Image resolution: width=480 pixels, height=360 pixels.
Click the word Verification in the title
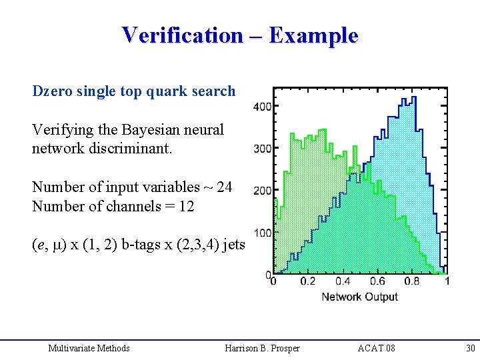(182, 35)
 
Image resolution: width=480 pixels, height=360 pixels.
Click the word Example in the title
(313, 35)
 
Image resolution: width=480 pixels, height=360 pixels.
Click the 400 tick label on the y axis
(263, 107)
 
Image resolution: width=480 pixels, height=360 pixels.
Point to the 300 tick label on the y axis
(263, 149)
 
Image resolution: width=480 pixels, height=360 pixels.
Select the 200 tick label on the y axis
(263, 191)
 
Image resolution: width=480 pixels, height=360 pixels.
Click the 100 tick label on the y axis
(263, 233)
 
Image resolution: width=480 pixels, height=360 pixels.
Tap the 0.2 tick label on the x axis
(307, 281)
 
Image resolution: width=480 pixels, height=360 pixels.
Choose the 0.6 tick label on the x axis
(377, 281)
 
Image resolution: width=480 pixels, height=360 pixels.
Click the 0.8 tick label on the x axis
(412, 281)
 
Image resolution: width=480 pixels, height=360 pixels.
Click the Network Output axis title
(359, 297)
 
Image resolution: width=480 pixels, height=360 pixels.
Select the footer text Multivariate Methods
(89, 348)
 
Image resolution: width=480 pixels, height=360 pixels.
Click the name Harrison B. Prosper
(263, 348)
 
